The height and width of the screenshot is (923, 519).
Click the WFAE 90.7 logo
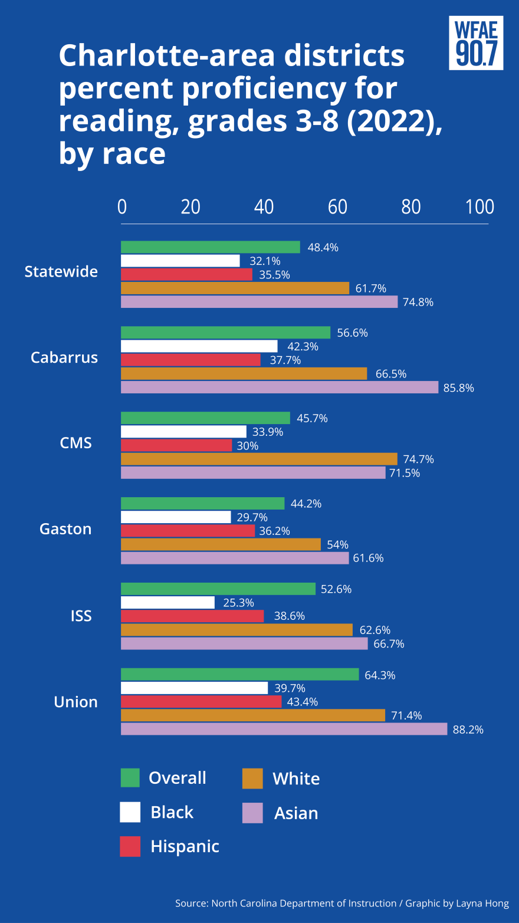tap(476, 43)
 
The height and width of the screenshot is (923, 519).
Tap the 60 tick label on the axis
tap(338, 207)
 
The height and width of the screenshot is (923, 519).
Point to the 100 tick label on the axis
tap(479, 207)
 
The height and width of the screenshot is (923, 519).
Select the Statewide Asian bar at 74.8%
tap(259, 302)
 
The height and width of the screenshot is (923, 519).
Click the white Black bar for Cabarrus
tap(199, 346)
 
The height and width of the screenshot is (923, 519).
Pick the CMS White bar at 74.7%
tap(259, 459)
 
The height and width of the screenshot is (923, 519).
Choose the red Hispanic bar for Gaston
tap(188, 531)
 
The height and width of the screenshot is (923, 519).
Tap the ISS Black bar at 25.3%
tap(168, 602)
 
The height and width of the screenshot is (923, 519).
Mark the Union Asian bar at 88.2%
tap(284, 729)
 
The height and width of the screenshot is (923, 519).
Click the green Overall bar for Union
tap(240, 674)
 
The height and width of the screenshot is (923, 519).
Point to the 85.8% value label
tap(458, 388)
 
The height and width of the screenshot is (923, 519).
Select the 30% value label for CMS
tap(248, 446)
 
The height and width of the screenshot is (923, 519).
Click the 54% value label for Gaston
tap(337, 544)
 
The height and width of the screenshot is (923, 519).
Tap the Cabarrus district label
tap(64, 358)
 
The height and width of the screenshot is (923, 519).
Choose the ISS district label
tap(81, 616)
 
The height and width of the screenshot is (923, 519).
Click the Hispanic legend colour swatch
tap(130, 846)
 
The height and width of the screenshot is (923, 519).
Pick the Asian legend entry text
tap(296, 813)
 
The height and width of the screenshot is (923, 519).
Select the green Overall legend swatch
tap(130, 778)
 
